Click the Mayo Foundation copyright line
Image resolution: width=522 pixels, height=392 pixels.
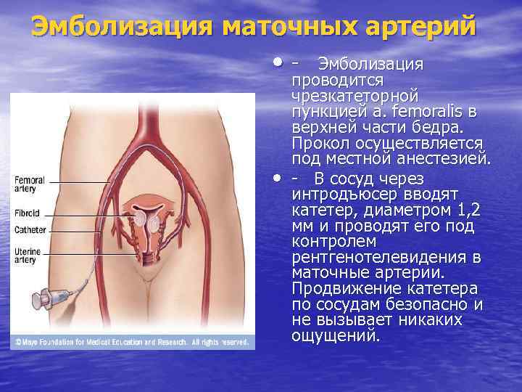(130, 341)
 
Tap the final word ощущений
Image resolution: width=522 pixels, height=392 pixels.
(334, 335)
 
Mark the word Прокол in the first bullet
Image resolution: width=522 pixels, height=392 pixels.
(318, 142)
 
